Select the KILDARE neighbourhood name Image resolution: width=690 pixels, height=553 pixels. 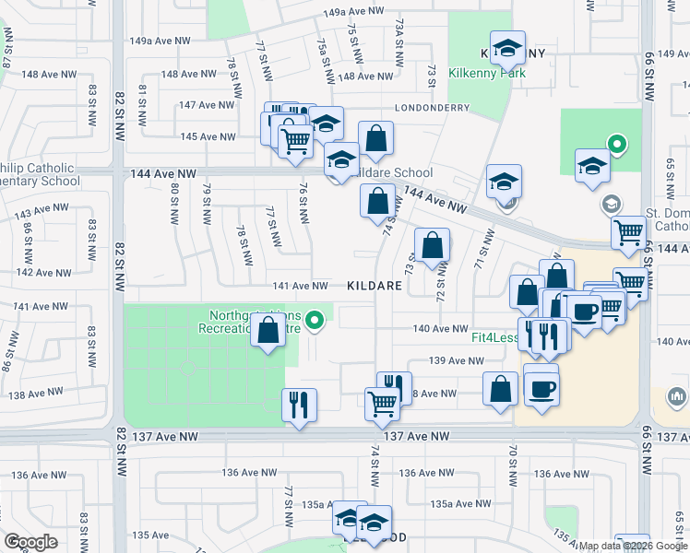375,287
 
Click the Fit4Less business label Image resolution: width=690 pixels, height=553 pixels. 494,337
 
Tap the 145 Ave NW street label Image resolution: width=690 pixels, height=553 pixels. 208,136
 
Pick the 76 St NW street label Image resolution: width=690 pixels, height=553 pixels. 303,201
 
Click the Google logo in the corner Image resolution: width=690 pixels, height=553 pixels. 30,542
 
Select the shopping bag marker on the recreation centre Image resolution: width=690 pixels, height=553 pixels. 268,331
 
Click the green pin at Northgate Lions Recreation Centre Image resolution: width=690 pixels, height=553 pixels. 315,320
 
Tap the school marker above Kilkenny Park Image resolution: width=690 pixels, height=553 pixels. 507,47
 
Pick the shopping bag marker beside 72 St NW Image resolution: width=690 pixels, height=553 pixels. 432,246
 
